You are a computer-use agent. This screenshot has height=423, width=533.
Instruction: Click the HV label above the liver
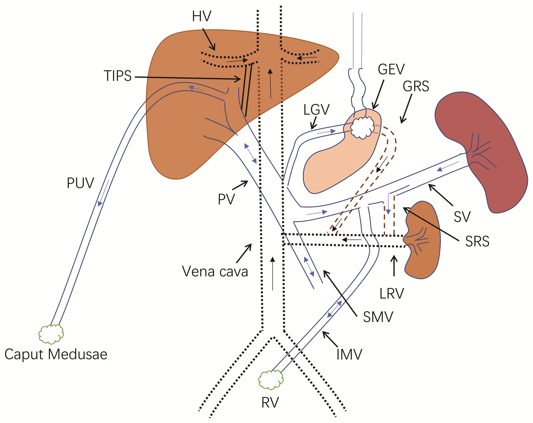click(x=201, y=16)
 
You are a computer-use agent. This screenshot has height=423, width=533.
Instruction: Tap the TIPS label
click(x=118, y=76)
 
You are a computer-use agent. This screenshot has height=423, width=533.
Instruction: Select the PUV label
click(x=80, y=183)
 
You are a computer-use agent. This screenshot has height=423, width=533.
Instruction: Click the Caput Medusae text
click(x=56, y=354)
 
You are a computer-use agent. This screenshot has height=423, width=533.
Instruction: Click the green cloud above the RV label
click(x=271, y=380)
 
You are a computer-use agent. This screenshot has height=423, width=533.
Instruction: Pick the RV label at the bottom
click(x=270, y=402)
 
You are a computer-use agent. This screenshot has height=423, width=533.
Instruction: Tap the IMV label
click(x=349, y=354)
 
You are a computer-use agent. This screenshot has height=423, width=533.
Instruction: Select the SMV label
click(x=378, y=317)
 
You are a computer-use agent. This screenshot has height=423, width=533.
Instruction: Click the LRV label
click(x=392, y=294)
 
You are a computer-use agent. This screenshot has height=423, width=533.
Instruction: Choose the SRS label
click(x=477, y=241)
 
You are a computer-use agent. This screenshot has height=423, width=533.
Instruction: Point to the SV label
click(x=462, y=217)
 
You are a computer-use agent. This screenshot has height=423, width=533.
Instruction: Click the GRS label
click(x=416, y=86)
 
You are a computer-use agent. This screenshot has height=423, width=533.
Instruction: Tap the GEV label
click(x=391, y=69)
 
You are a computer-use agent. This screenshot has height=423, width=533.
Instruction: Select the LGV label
click(x=316, y=110)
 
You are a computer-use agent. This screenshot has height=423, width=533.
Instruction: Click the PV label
click(x=226, y=199)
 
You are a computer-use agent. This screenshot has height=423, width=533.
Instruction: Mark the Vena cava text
click(x=215, y=272)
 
